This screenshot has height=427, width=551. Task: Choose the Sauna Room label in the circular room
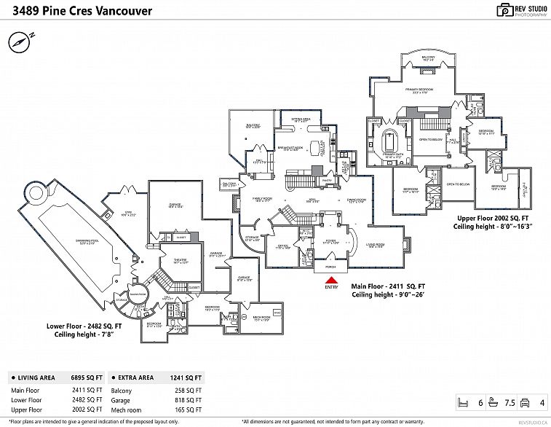137,293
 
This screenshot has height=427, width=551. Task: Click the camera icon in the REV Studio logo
504,10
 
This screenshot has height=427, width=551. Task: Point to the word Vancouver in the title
118,11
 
